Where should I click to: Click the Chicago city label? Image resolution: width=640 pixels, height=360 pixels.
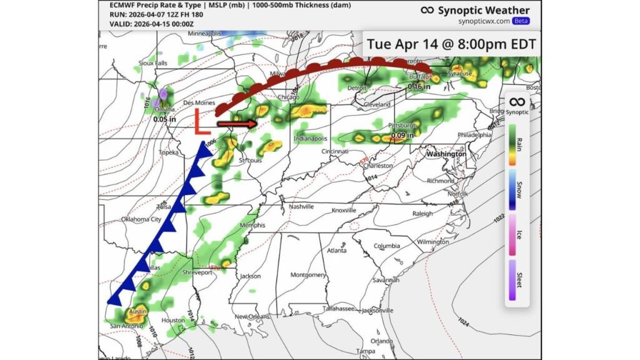coord(289,97)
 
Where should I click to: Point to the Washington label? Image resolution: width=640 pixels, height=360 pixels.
coord(446,153)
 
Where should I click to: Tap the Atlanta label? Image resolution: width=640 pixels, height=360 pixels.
coord(336,251)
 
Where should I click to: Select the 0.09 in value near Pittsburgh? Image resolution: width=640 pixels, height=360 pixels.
coord(402,134)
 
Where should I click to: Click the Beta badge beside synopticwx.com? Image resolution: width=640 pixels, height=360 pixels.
coord(521,21)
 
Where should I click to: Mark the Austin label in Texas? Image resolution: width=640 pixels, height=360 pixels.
coord(137,311)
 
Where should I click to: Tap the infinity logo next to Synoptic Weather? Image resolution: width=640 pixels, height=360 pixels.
coord(427,10)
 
